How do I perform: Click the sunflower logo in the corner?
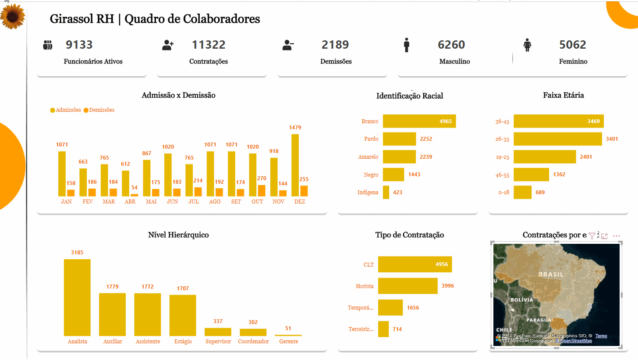pos(13,16)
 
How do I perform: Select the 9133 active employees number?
pos(79,45)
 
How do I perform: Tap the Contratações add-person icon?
pos(168,45)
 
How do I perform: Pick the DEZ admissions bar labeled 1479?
pos(295,165)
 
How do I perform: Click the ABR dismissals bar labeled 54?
pos(134,195)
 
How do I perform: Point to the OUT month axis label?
pos(257,202)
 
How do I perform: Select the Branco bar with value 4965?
pos(419,121)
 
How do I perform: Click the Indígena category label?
pos(368,192)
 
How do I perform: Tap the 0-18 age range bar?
pos(522,192)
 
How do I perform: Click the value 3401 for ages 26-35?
pos(612,139)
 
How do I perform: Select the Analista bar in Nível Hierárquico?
pos(77,297)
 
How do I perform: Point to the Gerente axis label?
pos(288,342)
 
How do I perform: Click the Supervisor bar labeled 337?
pos(218,332)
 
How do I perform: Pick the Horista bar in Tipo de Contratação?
pos(408,286)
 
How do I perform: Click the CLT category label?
pos(368,265)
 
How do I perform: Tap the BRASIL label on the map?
pos(551,274)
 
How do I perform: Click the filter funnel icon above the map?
pos(592,236)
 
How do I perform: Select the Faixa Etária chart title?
pos(563,95)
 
